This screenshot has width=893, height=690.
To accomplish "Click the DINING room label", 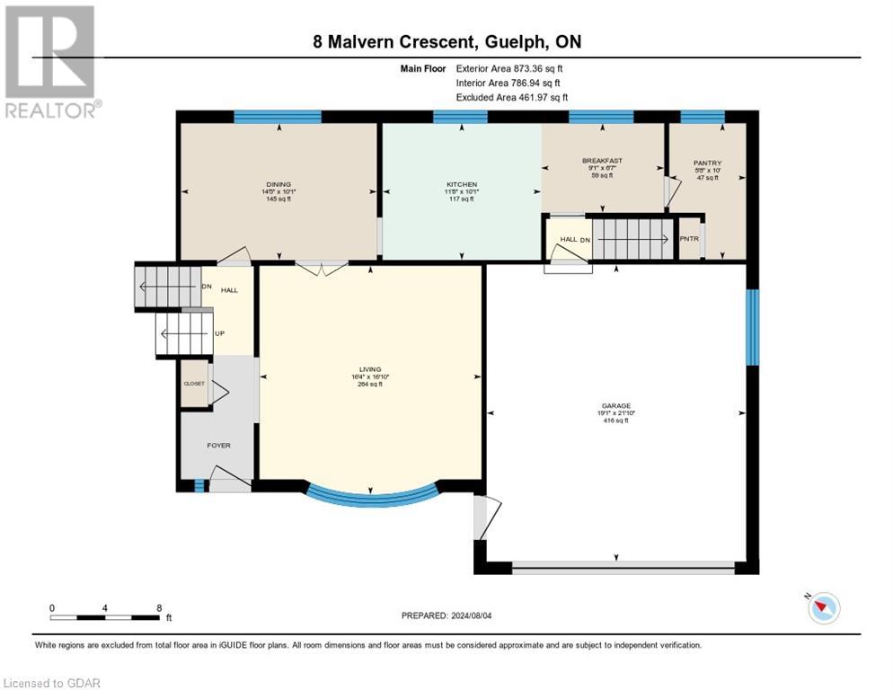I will pos(278,183).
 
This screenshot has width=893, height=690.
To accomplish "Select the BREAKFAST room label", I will pos(602,161).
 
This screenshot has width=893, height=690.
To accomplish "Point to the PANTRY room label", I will pos(707,163).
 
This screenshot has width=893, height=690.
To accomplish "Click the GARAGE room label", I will pos(615,405).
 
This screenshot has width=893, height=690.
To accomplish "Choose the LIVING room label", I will pos(370,369).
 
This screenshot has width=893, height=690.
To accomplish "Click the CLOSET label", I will pos(194,384).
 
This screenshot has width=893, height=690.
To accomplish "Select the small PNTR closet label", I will pos(689,239).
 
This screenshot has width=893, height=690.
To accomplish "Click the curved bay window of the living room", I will pos(371,499).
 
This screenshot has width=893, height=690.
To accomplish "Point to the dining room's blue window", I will pos(278,116).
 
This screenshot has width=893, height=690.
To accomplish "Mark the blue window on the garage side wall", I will pos(753,327).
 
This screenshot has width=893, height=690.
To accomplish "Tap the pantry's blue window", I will pos(702,116).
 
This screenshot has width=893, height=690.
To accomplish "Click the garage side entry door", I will pos(481,517).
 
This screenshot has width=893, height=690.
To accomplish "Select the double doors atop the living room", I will pos(322,266).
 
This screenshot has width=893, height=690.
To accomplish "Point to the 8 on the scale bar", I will pos(159,608).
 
